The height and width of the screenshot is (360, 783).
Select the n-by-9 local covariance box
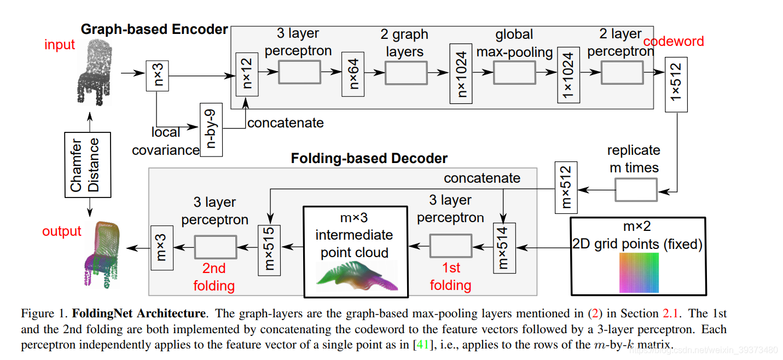pos(211,129)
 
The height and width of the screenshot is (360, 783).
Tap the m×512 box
pos(566,186)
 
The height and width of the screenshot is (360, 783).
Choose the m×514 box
pos(504,247)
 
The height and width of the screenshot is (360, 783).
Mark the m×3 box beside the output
pos(162,248)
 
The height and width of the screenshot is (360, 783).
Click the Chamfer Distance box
pos(88,164)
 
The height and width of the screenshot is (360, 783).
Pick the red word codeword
pos(674,42)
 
